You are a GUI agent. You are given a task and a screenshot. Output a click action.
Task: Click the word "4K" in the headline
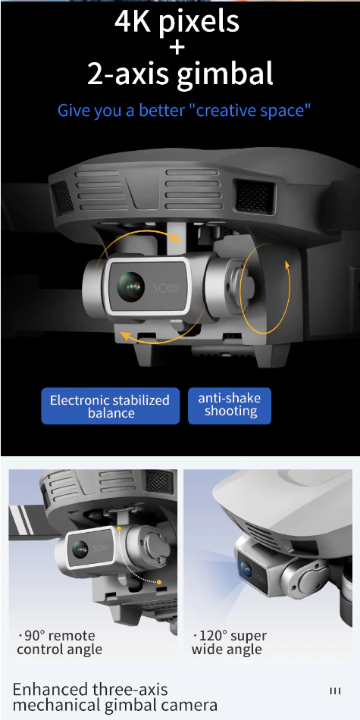pos(133,22)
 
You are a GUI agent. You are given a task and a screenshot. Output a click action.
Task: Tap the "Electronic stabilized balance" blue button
pos(110,406)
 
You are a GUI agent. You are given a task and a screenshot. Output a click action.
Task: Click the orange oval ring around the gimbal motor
pos(290,288)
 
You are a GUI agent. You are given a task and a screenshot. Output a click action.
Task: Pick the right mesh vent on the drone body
pos(255,196)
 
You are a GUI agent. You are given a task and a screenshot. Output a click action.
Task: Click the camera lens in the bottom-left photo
pos(80,549)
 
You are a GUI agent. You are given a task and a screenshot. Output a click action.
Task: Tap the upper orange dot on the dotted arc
pos(119,529)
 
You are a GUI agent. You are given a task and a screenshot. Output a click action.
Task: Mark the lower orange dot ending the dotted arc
pos(159,582)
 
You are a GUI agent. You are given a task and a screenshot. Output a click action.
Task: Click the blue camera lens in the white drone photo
pos(246,570)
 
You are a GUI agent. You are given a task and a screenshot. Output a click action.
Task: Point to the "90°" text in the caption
pos(34,636)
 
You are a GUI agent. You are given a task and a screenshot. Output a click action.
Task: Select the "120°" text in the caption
pos(214,636)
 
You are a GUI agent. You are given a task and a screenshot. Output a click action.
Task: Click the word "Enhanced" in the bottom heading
pos(50,690)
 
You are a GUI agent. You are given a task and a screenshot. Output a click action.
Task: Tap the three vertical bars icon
pos(335,691)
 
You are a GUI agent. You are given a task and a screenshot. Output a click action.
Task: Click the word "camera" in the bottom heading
pos(186,706)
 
